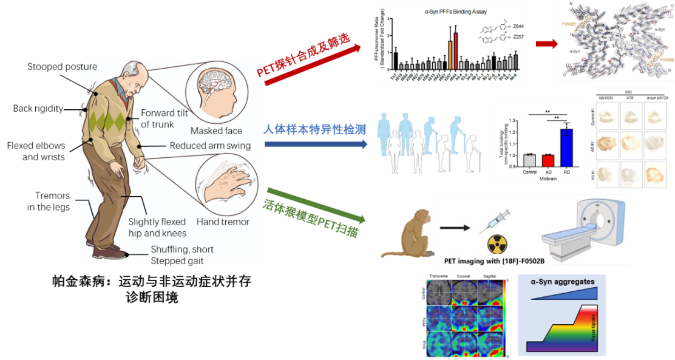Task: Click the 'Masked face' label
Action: click(216, 131)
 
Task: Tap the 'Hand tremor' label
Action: click(223, 222)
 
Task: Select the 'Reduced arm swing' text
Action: click(210, 146)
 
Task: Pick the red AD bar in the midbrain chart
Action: click(548, 160)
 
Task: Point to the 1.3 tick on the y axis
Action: click(507, 120)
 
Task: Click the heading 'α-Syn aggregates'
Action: click(561, 282)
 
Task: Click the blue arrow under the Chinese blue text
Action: click(316, 144)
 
